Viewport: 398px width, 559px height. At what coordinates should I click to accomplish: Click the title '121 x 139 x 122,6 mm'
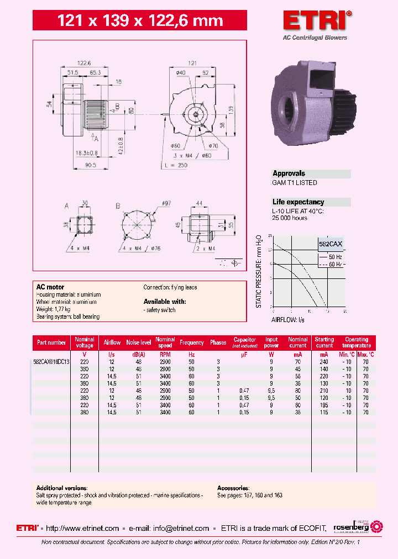coord(140,21)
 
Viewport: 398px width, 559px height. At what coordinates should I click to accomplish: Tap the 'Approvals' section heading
coord(289,173)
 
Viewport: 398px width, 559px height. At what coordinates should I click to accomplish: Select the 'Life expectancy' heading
coord(298,202)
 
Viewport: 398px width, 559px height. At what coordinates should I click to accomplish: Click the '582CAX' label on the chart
coord(331,244)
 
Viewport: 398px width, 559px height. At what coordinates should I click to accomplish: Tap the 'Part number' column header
coord(51,342)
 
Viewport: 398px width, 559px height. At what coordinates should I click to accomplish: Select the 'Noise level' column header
coord(138,342)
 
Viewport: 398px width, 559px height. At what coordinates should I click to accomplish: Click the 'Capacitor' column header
coord(244,340)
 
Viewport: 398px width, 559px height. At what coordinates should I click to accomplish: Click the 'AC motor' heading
coord(50,287)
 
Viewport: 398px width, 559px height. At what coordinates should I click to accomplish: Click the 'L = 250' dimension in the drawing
coord(176,165)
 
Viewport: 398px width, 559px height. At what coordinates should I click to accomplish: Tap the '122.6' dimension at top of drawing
coord(84,64)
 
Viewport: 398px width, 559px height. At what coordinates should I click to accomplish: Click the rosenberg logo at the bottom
coord(357,528)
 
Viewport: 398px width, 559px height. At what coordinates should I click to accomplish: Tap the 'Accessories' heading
coord(233,488)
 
